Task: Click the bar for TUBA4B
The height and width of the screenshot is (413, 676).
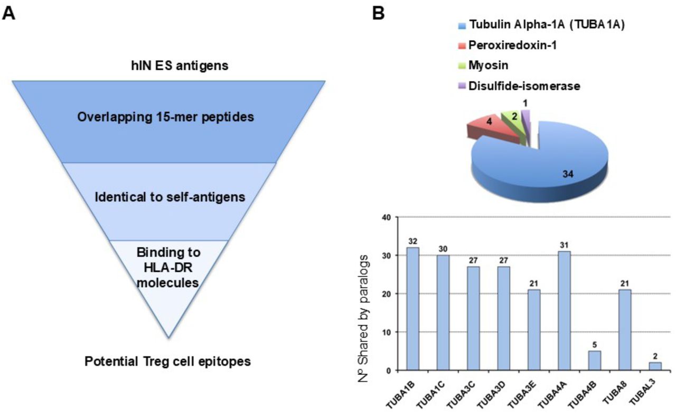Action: click(x=595, y=361)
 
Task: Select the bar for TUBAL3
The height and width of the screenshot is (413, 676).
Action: click(x=655, y=366)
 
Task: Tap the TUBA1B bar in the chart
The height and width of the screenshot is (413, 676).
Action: click(x=413, y=309)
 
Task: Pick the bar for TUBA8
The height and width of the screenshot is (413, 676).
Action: click(x=625, y=330)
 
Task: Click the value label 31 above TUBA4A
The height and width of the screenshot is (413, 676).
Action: click(x=564, y=245)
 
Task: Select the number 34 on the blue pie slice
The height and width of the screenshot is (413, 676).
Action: click(x=568, y=174)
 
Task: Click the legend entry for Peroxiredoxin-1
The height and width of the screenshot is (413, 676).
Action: click(x=508, y=45)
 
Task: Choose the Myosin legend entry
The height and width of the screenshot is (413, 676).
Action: click(x=483, y=66)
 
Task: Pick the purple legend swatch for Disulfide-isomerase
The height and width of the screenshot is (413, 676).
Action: click(x=462, y=86)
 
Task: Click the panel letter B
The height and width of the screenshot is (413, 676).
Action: click(x=379, y=14)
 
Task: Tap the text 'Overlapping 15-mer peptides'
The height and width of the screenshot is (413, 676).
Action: click(x=166, y=117)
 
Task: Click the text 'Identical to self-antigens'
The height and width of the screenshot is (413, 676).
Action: click(x=170, y=197)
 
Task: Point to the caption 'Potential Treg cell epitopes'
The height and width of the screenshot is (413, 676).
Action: click(x=168, y=362)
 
